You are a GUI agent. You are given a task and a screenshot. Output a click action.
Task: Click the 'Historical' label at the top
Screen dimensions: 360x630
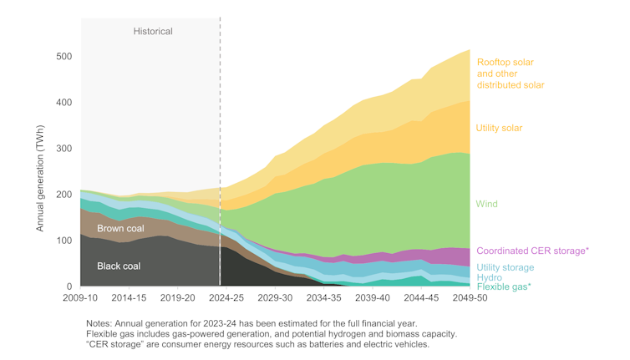coord(153,32)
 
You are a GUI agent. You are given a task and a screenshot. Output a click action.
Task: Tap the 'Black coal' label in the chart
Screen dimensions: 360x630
coord(119,266)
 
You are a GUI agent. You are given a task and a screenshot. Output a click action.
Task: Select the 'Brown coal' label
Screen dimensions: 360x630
coord(120,229)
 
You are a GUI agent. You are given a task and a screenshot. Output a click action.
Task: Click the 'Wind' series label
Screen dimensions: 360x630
coord(487,204)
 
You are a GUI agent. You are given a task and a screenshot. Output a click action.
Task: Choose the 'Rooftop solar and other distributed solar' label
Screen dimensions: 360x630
coord(510,74)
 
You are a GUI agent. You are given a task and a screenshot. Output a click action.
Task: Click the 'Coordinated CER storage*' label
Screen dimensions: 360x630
coord(532,251)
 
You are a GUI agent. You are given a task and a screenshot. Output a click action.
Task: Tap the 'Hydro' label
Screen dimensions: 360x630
coord(490,277)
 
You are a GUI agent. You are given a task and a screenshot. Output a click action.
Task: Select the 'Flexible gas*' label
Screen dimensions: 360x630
coord(504,287)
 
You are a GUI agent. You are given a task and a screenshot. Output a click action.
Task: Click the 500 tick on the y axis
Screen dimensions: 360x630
coord(64,57)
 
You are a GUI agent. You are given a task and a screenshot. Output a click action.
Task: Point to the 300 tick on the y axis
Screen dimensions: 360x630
coord(64,149)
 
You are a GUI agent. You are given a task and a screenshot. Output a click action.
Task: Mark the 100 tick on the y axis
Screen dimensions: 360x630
coord(64,241)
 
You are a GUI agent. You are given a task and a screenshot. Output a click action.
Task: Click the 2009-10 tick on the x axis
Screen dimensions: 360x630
coord(81,297)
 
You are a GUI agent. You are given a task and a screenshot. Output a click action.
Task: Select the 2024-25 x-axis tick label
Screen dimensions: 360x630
coord(226,297)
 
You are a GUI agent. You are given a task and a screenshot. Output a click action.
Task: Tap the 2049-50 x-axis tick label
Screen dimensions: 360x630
coord(470,297)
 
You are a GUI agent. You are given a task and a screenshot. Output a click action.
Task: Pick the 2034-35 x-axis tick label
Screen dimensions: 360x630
coord(323,297)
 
